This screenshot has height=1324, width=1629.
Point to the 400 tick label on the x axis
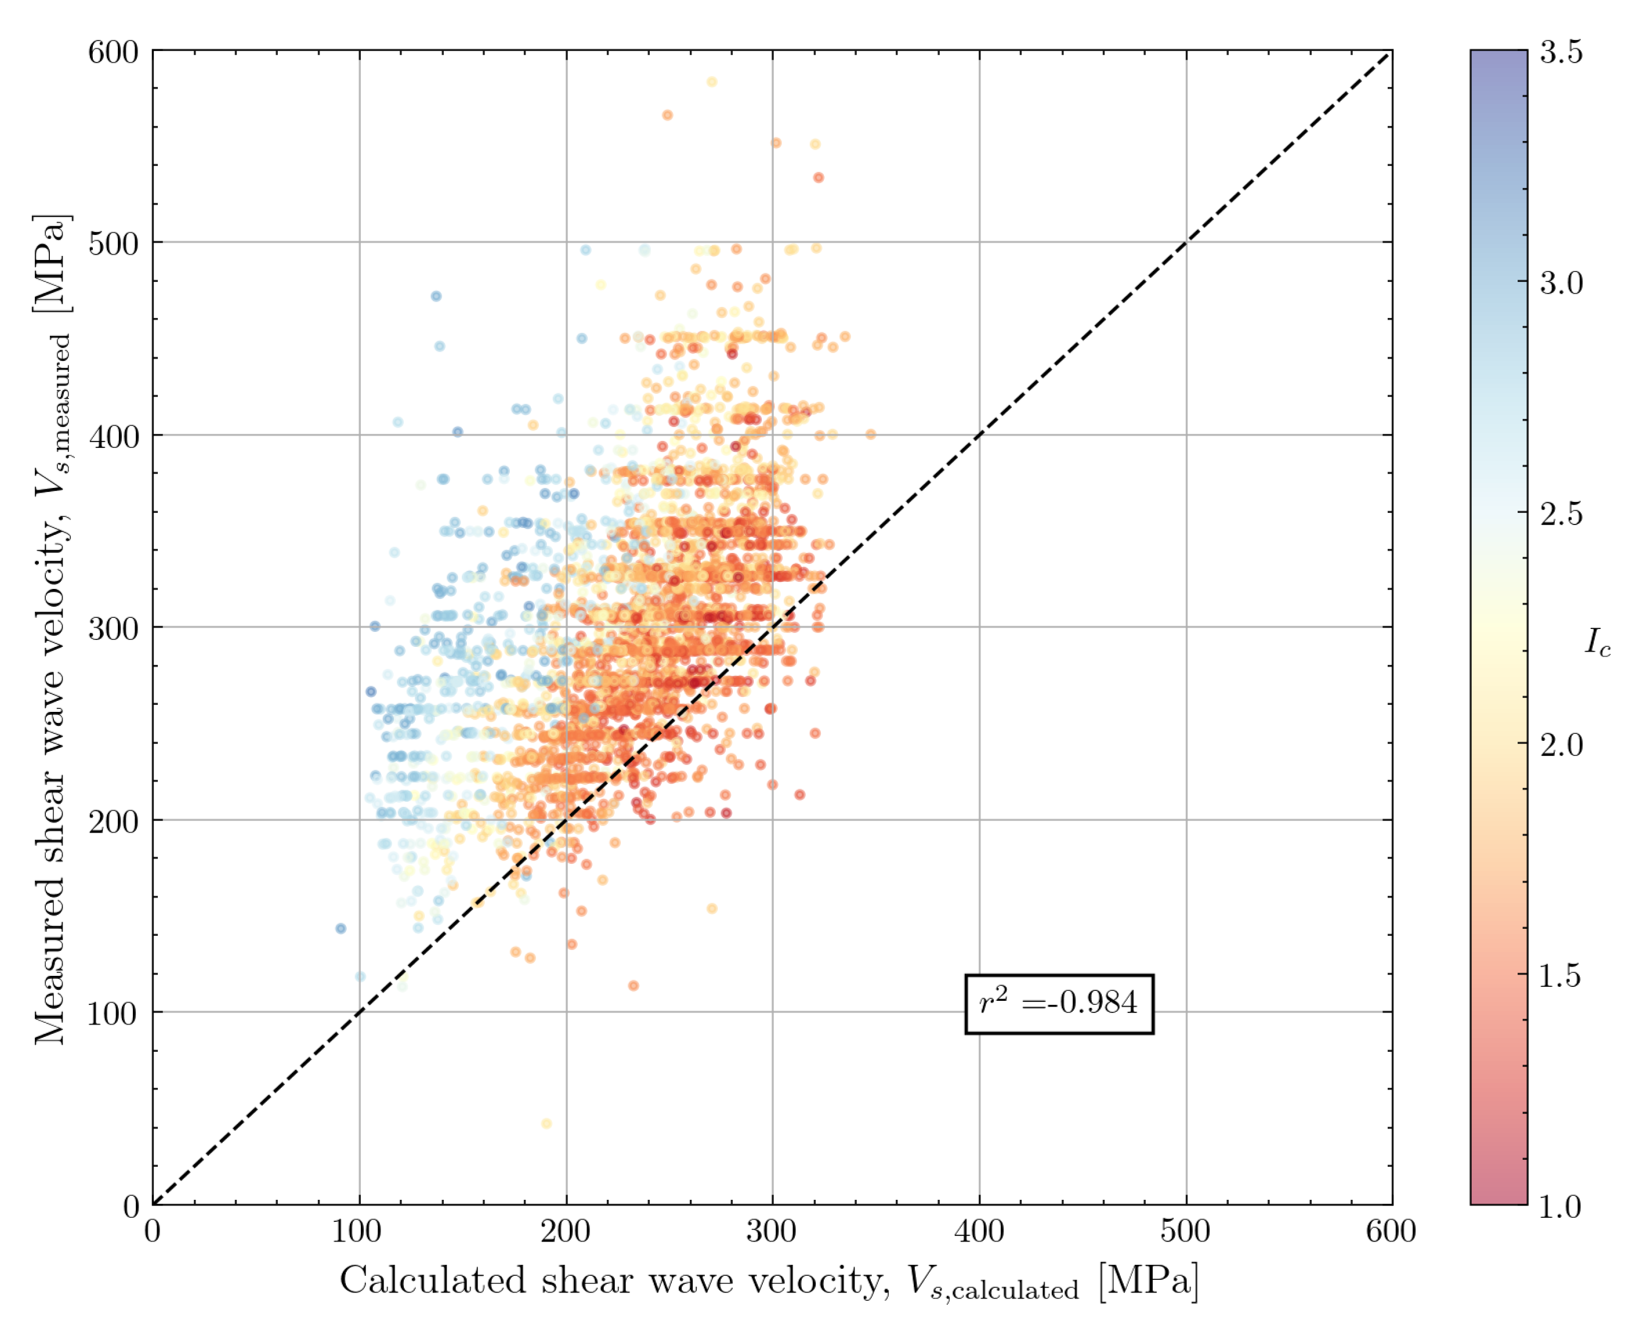(979, 1232)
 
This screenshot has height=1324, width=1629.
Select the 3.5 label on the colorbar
(1561, 52)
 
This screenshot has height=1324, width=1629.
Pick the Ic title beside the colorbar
(1598, 642)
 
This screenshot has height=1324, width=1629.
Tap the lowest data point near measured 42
(546, 1123)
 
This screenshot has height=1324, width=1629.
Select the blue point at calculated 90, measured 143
(341, 928)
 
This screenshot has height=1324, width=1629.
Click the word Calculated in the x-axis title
(432, 1280)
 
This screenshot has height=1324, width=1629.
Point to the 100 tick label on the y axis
(113, 1014)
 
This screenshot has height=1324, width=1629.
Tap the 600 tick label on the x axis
(1391, 1232)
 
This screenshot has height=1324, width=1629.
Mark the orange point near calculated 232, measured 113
(633, 985)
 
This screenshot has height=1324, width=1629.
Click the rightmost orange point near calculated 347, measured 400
(870, 434)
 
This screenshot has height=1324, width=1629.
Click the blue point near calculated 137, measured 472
(436, 296)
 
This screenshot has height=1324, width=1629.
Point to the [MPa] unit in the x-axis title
(1149, 1280)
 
